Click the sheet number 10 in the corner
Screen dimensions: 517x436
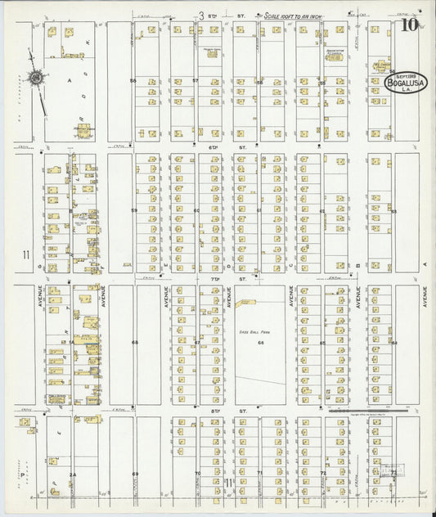coord(408,25)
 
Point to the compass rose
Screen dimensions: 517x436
coord(36,79)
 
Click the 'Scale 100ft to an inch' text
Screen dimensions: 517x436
coord(296,16)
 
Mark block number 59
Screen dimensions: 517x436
coord(133,211)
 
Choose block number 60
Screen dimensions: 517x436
coord(196,211)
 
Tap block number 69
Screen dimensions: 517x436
coord(135,474)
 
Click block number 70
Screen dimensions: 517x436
coord(197,474)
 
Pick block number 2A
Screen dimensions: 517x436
coord(72,474)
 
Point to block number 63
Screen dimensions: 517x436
coord(393,211)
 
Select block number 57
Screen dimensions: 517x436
coord(196,81)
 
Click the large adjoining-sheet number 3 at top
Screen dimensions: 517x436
coord(201,15)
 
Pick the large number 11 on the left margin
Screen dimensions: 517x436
coord(26,254)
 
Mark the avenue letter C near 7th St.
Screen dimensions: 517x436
coord(291,266)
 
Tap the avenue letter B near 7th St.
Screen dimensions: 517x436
coord(358,266)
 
